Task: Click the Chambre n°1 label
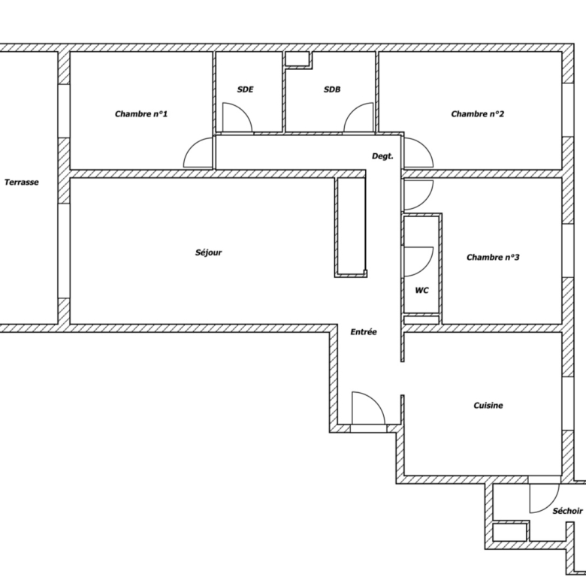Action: [x=141, y=113]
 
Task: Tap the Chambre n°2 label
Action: [x=478, y=113]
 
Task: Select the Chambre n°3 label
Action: [x=493, y=257]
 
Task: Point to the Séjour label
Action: [x=209, y=252]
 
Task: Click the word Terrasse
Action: [x=22, y=183]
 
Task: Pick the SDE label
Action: [x=245, y=89]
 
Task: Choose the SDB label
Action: [x=332, y=89]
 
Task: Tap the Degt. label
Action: [x=382, y=156]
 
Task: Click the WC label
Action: [x=422, y=291]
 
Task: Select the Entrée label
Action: [x=364, y=332]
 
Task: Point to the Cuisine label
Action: [x=488, y=406]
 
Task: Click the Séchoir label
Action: [x=568, y=511]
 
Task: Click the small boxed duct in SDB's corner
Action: [x=298, y=59]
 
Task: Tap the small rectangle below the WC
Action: [x=421, y=320]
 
